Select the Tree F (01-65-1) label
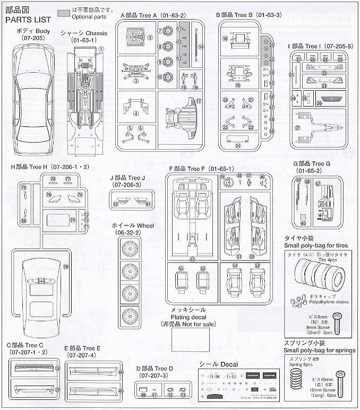click(194, 168)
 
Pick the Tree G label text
click(315, 164)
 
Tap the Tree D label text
click(154, 369)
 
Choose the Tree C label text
click(26, 346)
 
